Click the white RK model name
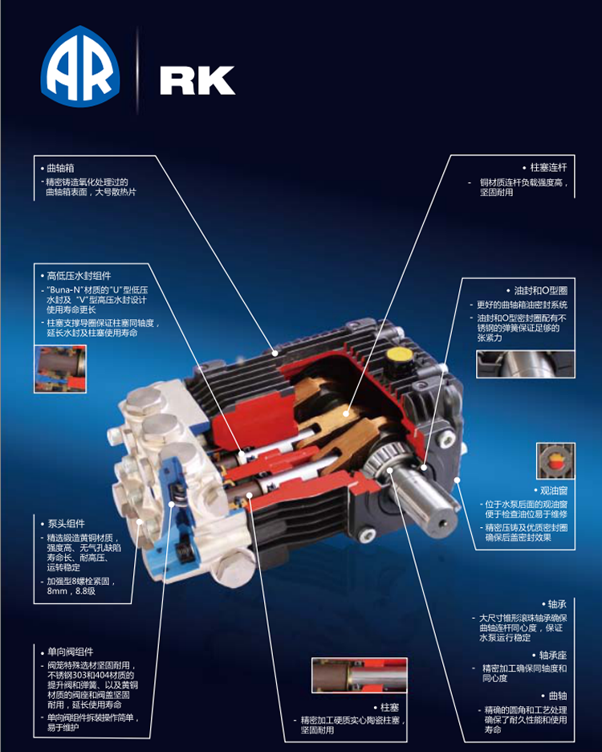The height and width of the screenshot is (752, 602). [x=197, y=80]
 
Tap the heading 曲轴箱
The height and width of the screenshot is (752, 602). [x=60, y=169]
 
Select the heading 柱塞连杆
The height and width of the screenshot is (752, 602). [x=548, y=167]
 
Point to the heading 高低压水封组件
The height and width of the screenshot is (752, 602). [x=79, y=276]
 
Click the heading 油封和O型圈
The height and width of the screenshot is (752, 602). [x=541, y=291]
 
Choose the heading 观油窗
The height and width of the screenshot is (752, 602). [x=554, y=491]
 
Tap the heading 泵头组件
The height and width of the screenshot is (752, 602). [x=66, y=524]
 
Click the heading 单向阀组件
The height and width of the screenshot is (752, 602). [x=70, y=652]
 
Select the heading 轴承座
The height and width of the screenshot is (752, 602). [x=552, y=655]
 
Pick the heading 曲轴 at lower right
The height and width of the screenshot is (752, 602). [x=557, y=696]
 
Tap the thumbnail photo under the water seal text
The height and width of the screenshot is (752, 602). [x=60, y=369]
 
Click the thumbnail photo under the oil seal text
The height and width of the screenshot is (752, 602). [x=525, y=364]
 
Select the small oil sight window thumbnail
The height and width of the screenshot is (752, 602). [x=555, y=461]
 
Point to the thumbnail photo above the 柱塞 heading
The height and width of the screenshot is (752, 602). [x=359, y=675]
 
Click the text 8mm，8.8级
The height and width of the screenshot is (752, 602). [x=71, y=591]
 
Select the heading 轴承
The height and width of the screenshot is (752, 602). [x=557, y=604]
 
